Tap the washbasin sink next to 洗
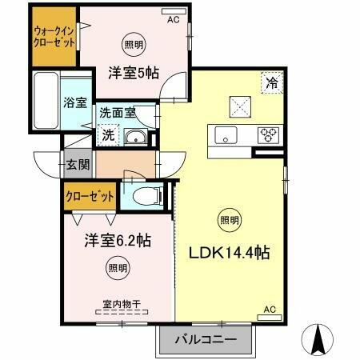(x=135, y=137)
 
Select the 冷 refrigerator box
(x=271, y=81)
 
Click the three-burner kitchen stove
(x=268, y=135)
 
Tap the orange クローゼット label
(x=90, y=195)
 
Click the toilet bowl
(x=145, y=194)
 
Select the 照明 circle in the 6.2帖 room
(x=118, y=268)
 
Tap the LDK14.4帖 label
(x=229, y=253)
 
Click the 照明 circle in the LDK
(x=229, y=219)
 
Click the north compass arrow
(x=318, y=339)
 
